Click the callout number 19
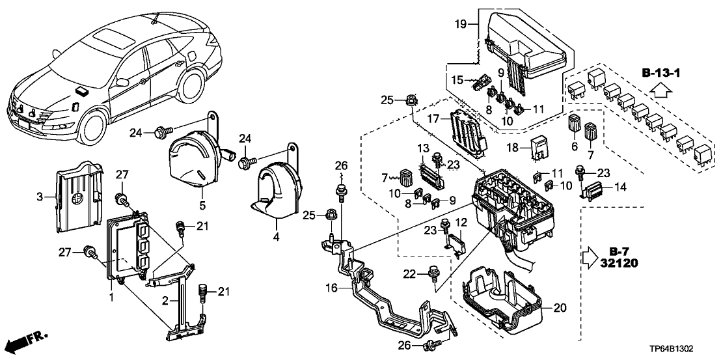[x=460, y=25]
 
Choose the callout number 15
[x=458, y=79]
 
